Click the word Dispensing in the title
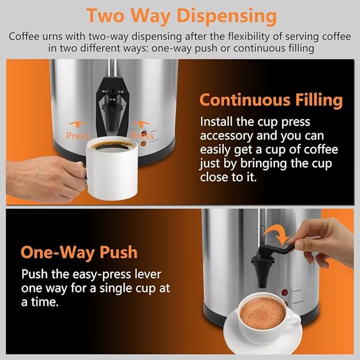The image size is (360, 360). [x=226, y=15]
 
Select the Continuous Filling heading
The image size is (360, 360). [x=270, y=100]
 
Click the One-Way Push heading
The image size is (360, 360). [x=79, y=251]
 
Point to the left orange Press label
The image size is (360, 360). [x=77, y=136]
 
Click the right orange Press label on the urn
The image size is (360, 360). [x=142, y=136]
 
